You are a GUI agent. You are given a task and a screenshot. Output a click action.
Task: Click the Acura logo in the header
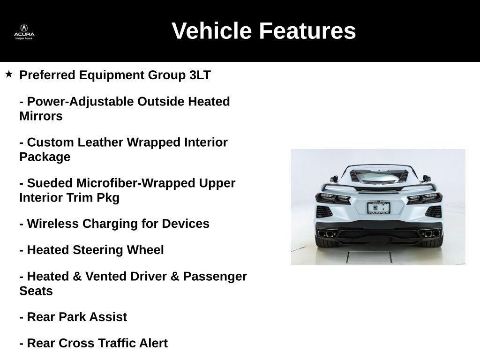click(24, 31)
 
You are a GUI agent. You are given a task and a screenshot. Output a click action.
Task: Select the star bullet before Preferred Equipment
click(9, 74)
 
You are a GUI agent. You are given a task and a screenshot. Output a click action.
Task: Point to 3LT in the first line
click(200, 75)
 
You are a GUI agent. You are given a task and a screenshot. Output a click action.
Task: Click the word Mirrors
click(41, 116)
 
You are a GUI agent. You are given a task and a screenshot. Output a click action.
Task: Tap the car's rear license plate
click(378, 208)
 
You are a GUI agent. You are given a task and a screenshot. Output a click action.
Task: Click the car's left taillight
click(333, 198)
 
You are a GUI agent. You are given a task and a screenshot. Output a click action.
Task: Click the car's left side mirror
click(334, 179)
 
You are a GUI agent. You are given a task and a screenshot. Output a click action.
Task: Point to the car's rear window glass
click(378, 177)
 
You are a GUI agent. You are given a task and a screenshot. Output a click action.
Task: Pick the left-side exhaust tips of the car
click(326, 233)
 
